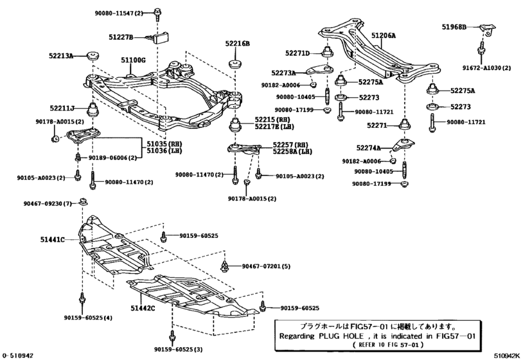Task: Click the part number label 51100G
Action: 134,60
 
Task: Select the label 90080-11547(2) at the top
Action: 110,12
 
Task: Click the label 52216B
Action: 237,44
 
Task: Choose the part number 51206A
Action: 383,36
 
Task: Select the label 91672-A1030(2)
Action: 482,67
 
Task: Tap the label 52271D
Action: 297,53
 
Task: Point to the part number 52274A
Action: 368,148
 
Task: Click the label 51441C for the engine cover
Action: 52,239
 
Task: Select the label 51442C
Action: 143,308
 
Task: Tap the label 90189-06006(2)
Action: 112,157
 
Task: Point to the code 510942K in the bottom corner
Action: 506,355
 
